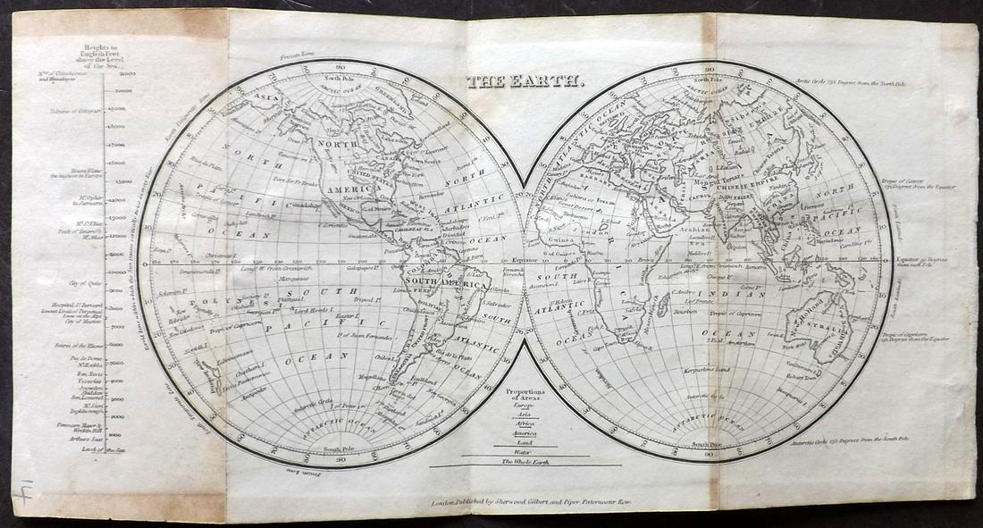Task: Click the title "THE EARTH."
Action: (x=525, y=82)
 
